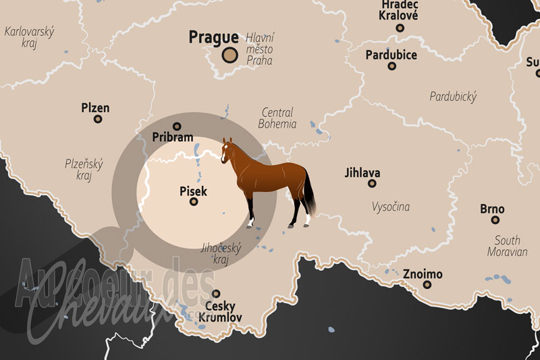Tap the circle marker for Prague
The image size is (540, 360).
230,56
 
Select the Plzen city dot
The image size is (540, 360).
98,119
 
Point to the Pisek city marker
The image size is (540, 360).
194,201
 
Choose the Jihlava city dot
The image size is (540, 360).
372,183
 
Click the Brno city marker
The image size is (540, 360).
495,220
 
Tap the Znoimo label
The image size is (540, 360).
423,274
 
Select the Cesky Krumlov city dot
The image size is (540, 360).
216,294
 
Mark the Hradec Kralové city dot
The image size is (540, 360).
400,28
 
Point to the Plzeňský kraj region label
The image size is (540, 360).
84,169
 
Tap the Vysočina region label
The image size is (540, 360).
390,207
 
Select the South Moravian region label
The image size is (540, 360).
507,246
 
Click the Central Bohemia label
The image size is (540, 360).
277,118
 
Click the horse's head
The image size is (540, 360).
227,148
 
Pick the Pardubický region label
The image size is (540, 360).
453,96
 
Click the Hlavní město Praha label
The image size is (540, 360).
260,49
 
